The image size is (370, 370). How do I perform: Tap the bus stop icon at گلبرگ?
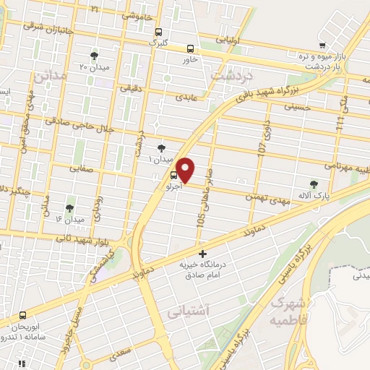coord(158,31)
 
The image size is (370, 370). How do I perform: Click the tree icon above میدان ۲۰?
coord(94,55)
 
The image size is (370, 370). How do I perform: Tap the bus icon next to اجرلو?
coord(173,175)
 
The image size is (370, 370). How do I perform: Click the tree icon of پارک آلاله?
coord(313,184)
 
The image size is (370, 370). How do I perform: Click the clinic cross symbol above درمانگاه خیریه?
coord(203,254)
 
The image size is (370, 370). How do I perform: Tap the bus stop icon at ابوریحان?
coord(24,315)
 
